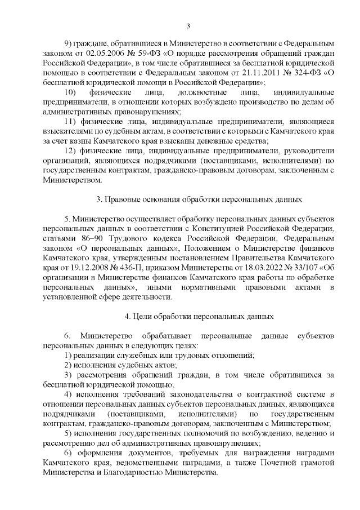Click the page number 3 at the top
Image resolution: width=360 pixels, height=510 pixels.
coord(188,25)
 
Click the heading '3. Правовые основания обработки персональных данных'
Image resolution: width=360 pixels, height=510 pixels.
coord(200,199)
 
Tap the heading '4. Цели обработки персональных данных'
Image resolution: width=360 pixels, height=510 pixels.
coord(200,317)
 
